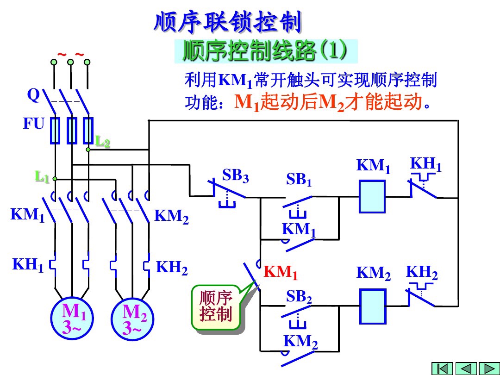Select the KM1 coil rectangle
coord(372,197)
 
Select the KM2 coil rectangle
coord(373,306)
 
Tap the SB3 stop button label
coord(235,176)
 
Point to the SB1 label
coord(299,180)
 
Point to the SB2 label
coord(299,297)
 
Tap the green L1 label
coord(42,176)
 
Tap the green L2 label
coord(103,142)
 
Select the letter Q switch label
coord(33,95)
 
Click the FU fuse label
coord(34,124)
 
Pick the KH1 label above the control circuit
coord(425,164)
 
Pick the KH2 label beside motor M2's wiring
coord(172,268)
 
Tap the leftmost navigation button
coord(442,368)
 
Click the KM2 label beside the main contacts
coord(171,217)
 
